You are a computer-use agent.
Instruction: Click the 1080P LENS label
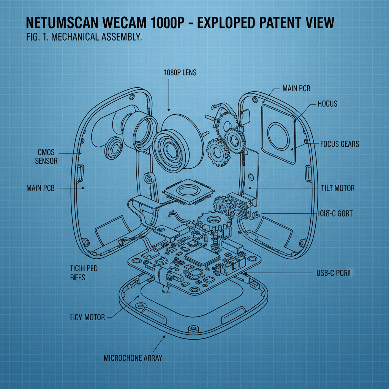[x=180, y=72]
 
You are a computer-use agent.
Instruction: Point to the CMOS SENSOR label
[x=46, y=157]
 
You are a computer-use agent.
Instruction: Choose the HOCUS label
[x=327, y=104]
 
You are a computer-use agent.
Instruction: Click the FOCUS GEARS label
[x=339, y=144]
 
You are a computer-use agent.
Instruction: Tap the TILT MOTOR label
[x=338, y=188]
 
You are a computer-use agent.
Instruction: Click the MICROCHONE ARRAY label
[x=133, y=358]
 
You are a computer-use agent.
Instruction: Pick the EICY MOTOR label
[x=87, y=317]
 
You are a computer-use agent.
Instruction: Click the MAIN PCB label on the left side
[x=41, y=188]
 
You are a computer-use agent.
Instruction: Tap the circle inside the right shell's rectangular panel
[x=279, y=136]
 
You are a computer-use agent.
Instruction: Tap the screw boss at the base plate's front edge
[x=195, y=328]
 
